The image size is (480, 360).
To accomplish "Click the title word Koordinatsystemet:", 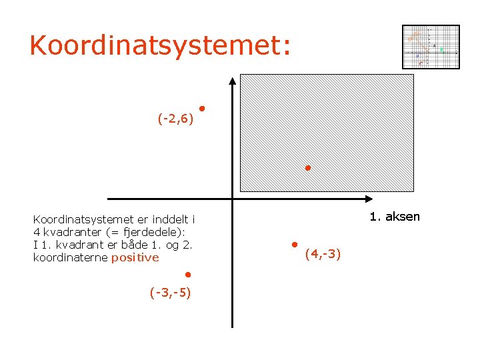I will coord(160,45).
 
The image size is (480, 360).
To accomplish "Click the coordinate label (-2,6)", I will coord(175,119).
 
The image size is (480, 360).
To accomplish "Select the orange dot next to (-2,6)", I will coord(201,108).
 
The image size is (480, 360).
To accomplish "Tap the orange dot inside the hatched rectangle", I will coord(307,167).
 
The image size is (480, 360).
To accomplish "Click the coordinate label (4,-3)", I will coord(323,254).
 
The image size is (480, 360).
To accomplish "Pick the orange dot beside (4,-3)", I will coord(293,244).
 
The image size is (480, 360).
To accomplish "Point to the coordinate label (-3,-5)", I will coord(170,292).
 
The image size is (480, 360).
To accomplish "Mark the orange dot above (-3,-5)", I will coord(189,274).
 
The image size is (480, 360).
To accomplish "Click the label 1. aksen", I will coord(395,217).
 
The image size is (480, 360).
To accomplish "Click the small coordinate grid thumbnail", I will coord(431,47).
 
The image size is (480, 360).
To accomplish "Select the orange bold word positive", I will coord(135,257).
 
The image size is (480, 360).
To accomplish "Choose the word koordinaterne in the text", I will coord(71,257).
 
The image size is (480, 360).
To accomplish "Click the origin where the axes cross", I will coord(232,199).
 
